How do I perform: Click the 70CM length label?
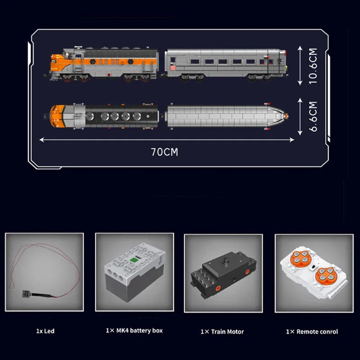(164, 152)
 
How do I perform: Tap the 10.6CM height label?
(313, 66)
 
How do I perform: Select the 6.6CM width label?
(313, 117)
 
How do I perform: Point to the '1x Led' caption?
(45, 331)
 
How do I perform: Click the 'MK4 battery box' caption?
(139, 331)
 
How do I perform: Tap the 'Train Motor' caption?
(227, 332)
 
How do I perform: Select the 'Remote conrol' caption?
(317, 332)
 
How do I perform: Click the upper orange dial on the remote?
(300, 257)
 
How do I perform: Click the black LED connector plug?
(26, 294)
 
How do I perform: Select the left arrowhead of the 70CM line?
(41, 139)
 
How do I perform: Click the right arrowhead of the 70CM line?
(292, 139)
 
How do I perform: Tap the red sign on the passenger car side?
(173, 68)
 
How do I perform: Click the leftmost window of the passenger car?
(173, 60)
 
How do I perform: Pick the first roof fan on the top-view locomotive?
(89, 116)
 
